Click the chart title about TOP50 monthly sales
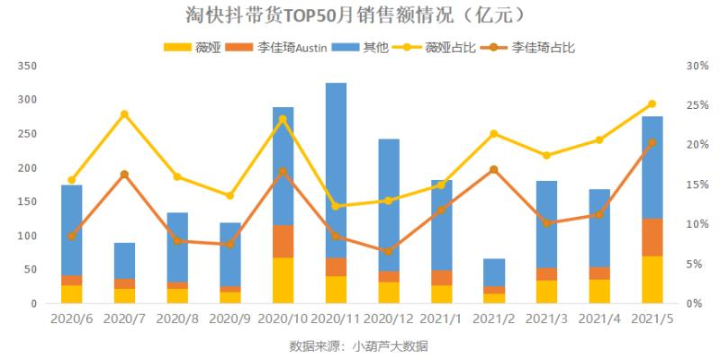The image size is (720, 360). (360, 15)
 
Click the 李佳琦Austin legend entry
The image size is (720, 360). (273, 47)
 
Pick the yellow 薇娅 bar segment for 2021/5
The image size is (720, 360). (652, 280)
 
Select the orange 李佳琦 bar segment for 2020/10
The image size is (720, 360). (283, 241)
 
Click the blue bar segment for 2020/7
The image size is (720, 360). (124, 261)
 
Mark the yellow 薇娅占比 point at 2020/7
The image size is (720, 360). (124, 114)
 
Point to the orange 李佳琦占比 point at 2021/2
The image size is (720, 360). (493, 169)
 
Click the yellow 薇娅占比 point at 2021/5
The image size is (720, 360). (652, 104)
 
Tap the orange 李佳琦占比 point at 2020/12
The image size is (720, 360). (388, 251)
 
